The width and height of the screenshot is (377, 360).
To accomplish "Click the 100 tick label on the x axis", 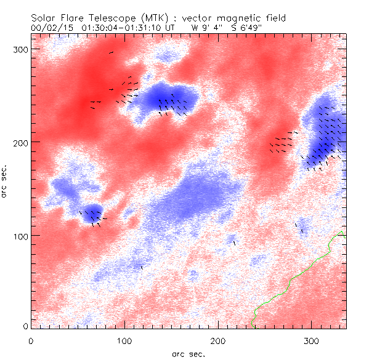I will click(x=124, y=340).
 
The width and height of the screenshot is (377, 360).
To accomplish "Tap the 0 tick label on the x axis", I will click(x=31, y=340).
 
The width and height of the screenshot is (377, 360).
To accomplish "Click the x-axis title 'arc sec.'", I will click(x=188, y=354).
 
